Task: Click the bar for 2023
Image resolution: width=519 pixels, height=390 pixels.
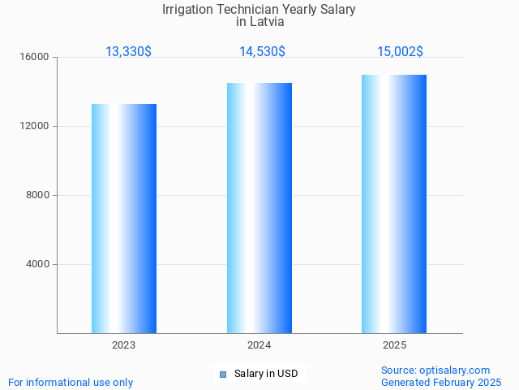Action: point(124,219)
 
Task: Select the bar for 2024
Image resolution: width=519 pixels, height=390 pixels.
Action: point(259,208)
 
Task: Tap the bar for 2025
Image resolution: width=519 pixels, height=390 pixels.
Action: point(394,204)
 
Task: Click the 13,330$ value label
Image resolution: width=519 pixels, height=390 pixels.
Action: point(128,52)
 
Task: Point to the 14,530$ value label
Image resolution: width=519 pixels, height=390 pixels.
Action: point(262,52)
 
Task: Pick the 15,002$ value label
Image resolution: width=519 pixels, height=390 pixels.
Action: point(400,52)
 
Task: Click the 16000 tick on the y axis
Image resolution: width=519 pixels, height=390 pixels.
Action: point(35,58)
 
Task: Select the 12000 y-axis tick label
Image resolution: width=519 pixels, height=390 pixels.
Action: point(35,127)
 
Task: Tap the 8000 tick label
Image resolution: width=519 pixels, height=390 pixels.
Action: point(37,196)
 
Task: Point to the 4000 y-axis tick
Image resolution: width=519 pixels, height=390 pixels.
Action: point(37,265)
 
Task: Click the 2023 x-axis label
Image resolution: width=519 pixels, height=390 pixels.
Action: point(124,345)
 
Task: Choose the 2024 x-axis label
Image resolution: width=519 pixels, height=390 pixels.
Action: point(259,345)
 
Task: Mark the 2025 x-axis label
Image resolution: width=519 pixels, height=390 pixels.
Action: point(395,345)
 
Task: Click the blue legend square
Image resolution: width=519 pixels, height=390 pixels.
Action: point(222,375)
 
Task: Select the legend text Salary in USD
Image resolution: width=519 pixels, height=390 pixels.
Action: point(266,374)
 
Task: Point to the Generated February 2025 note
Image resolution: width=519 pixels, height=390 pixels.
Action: point(441,382)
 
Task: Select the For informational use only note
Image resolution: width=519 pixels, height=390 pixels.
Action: point(71,382)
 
